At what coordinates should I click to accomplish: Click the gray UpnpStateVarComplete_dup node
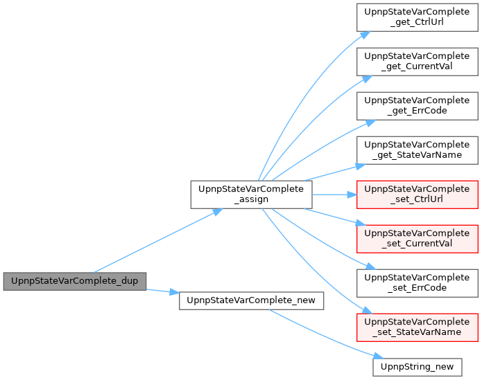pyautogui.click(x=75, y=281)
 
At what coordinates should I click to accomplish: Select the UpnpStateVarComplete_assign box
pyautogui.click(x=251, y=194)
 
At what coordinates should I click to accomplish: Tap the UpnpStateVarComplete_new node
pyautogui.click(x=251, y=300)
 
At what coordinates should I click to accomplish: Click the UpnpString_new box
pyautogui.click(x=417, y=367)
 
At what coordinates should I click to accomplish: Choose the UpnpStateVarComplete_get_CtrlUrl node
pyautogui.click(x=417, y=17)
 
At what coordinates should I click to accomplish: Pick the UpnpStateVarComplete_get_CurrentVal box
pyautogui.click(x=417, y=62)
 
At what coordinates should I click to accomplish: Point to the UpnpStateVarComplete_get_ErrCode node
pyautogui.click(x=417, y=106)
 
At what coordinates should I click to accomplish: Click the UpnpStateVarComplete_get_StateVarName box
pyautogui.click(x=417, y=150)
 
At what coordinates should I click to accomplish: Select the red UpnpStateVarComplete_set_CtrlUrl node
pyautogui.click(x=417, y=194)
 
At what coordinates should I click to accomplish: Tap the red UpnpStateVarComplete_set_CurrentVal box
pyautogui.click(x=417, y=239)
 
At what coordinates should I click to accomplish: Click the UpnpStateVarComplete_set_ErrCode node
pyautogui.click(x=417, y=283)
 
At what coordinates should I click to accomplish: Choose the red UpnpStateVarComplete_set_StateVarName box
pyautogui.click(x=417, y=327)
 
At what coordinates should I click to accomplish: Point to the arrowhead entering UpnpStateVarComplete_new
pyautogui.click(x=174, y=292)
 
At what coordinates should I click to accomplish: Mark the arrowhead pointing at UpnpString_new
pyautogui.click(x=379, y=356)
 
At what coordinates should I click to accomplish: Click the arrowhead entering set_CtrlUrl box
pyautogui.click(x=352, y=194)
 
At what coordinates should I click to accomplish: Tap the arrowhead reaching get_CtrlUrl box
pyautogui.click(x=365, y=35)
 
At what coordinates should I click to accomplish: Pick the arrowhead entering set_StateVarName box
pyautogui.click(x=368, y=310)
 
